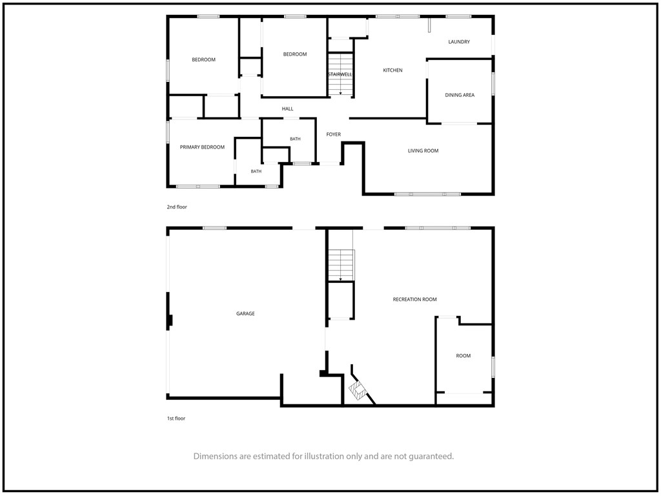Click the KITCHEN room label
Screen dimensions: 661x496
(392, 70)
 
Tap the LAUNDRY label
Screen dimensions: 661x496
(459, 42)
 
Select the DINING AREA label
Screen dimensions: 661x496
(460, 96)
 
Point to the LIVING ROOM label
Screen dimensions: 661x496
(423, 150)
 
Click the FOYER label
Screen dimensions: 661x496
(334, 134)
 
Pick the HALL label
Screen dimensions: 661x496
(287, 108)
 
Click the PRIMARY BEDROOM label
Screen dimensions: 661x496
(202, 147)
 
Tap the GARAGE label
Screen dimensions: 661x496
(245, 314)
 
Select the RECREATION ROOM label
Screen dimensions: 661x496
(415, 300)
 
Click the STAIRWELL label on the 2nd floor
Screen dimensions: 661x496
(340, 75)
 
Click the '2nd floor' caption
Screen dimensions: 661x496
(177, 207)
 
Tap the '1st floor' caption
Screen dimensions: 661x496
(176, 418)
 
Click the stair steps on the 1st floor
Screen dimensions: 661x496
(341, 265)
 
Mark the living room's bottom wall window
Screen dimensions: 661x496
(428, 194)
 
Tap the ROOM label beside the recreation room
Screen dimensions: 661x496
(463, 356)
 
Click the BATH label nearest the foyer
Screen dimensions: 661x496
(295, 139)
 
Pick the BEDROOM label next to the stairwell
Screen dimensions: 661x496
(294, 54)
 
